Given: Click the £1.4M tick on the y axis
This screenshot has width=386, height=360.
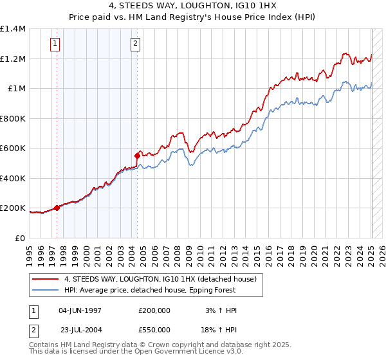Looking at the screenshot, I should coord(13,29).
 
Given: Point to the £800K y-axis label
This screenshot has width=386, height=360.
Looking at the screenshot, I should coord(12,119).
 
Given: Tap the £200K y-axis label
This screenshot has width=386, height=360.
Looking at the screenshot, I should coord(12,208).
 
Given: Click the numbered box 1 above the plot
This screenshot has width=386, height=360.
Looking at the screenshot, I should coord(55,44).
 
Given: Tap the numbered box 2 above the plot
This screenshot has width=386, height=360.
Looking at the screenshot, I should coord(136,44).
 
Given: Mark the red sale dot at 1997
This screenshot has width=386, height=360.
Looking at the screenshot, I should coord(57,208).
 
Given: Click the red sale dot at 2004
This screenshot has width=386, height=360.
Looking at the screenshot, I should coord(138,156).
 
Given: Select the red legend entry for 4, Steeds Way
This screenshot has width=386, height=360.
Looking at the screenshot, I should coord(160,279).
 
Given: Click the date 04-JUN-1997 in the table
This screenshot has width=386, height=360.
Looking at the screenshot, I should coord(80,310).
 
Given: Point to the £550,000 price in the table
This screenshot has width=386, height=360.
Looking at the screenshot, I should coord(154,329).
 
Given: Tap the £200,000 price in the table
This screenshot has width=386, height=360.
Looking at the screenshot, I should coord(154,310).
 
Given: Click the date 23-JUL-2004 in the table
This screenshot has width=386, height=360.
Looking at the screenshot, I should coord(80,329).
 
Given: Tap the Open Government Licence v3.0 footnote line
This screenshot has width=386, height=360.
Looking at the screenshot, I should coord(136,352).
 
